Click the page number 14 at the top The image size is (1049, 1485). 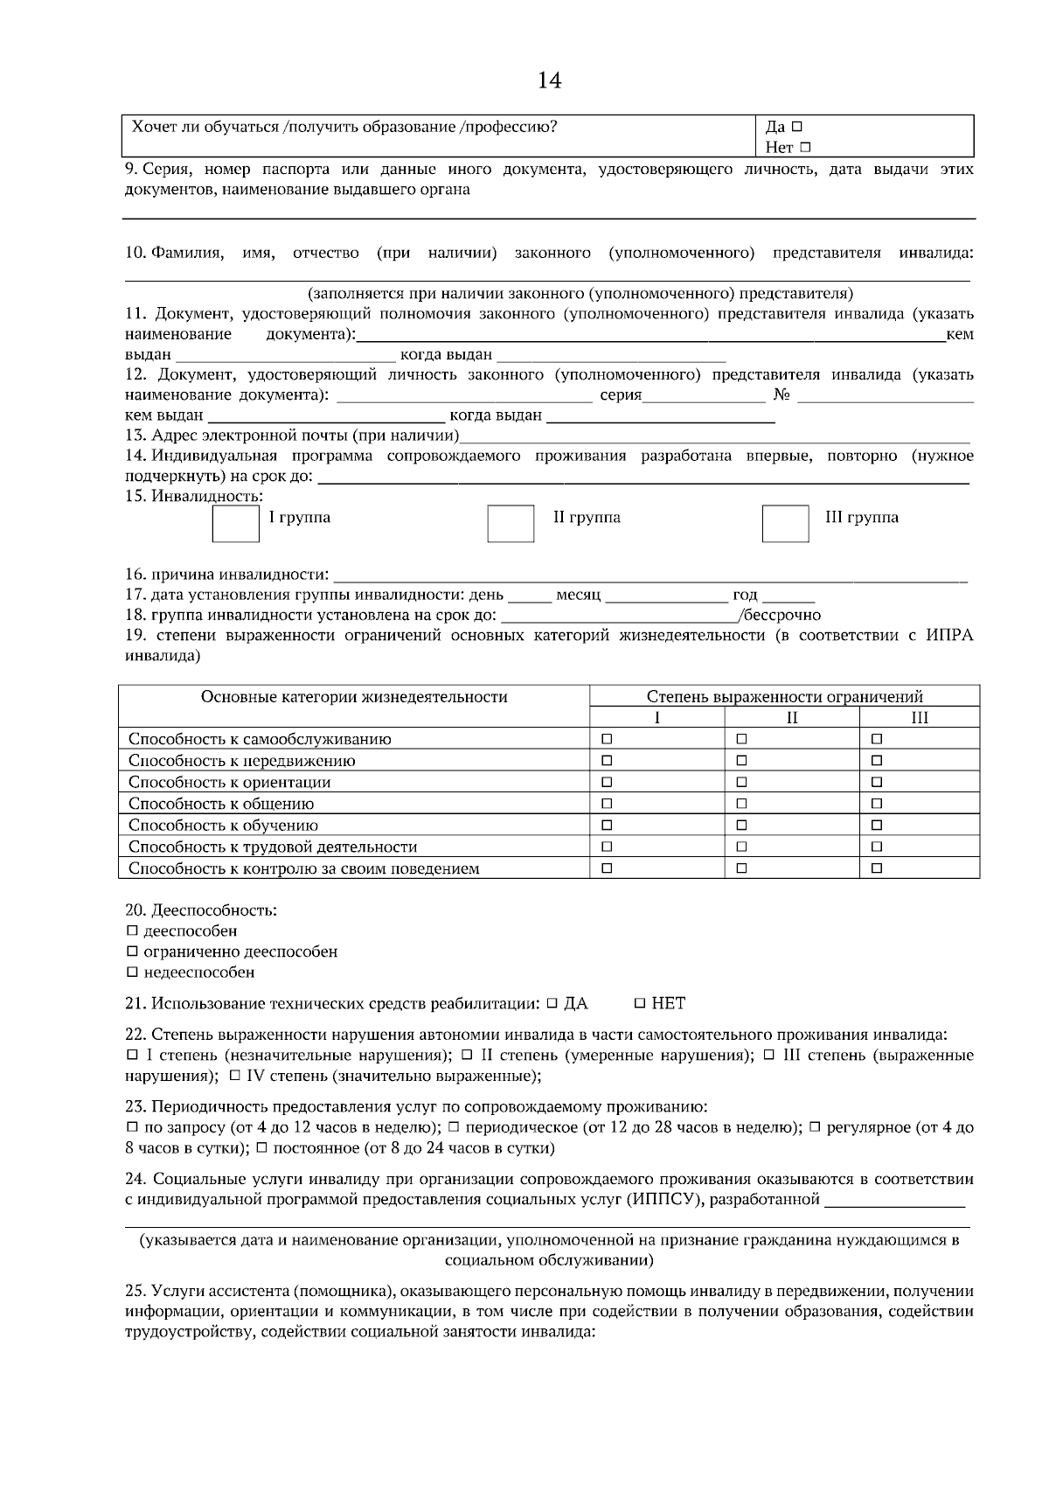tap(549, 80)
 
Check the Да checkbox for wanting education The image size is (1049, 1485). tap(797, 127)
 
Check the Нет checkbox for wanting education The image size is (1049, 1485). tap(805, 148)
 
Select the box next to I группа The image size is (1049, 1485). tap(236, 523)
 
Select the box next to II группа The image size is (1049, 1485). tap(511, 523)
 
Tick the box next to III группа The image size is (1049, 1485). tap(785, 523)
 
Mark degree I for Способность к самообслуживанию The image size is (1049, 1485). tap(607, 739)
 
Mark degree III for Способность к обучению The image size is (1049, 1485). tap(877, 825)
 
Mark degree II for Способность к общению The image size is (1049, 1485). tap(741, 804)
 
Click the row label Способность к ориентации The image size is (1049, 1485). tap(229, 782)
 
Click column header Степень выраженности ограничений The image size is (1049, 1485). tap(784, 697)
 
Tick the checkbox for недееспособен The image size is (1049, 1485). tap(132, 973)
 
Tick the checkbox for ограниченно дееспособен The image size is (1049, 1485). tap(132, 952)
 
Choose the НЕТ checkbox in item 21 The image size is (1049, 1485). tap(640, 1003)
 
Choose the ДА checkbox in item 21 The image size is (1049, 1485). tap(552, 1003)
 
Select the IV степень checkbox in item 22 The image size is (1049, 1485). tap(235, 1076)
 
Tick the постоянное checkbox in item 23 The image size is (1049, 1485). tap(261, 1147)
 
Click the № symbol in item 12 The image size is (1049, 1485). tap(782, 395)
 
